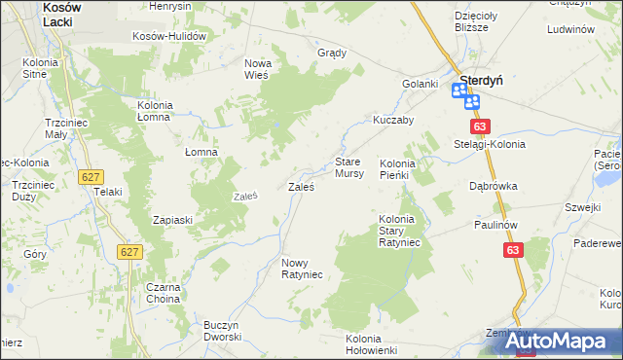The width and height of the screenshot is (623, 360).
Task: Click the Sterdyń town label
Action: coord(481,81)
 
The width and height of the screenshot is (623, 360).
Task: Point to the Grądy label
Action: coord(333,53)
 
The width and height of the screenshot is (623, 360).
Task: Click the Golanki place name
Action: coord(421,84)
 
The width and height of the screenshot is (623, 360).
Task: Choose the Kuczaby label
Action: coord(394,121)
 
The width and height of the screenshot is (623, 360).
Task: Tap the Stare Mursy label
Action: coord(349,167)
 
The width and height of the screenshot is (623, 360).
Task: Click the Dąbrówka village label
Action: coord(493,185)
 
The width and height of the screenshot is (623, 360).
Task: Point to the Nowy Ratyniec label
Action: coord(301,269)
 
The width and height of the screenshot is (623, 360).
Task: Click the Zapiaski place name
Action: coord(173,220)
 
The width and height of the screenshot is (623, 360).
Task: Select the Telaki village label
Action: coord(107,192)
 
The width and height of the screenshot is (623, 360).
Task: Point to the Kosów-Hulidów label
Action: coord(171,36)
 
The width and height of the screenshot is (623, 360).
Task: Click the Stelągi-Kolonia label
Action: coord(490,144)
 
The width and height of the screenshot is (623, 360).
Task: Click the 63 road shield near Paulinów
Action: coord(514,251)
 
